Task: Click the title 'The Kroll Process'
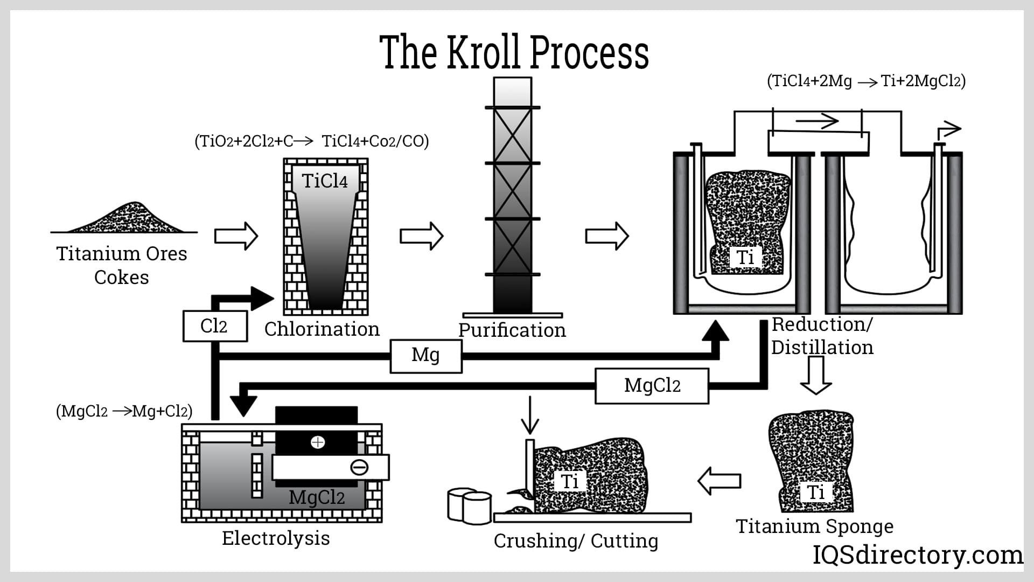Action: coord(514,52)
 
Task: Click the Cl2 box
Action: coord(215,326)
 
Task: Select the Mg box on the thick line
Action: coord(426,356)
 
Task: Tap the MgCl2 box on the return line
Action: coord(652,386)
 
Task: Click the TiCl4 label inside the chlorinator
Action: coord(325,181)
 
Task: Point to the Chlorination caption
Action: coord(322,329)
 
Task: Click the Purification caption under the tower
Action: coord(512,330)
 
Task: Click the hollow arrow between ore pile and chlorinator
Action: coord(236,235)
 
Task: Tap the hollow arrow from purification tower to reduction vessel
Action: coord(607,235)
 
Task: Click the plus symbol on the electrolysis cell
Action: coord(318,442)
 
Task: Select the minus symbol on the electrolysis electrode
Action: coord(359,467)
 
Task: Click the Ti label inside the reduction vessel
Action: coord(745,257)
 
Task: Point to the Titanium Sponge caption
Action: coord(814,526)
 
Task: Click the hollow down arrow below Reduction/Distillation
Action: coord(816,375)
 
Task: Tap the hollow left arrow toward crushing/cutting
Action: coord(719,480)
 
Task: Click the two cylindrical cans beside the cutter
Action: coord(470,505)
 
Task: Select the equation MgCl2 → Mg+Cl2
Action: coord(124,411)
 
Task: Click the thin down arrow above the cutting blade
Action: coord(530,415)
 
